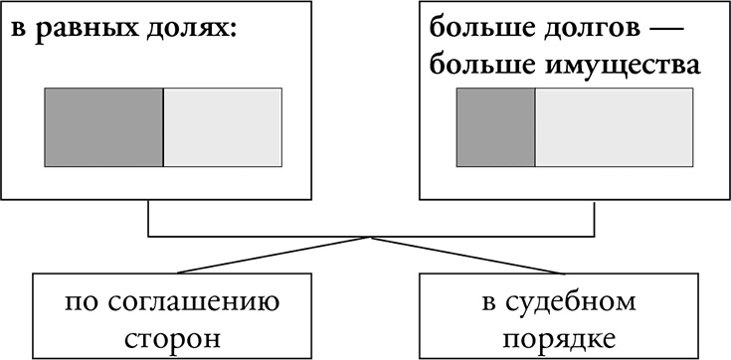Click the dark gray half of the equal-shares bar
tap(103, 127)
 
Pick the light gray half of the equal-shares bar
tap(222, 127)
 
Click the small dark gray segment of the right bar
tap(495, 127)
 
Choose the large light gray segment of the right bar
tap(614, 127)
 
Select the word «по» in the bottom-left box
tap(81, 301)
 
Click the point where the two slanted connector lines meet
tap(370, 238)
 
